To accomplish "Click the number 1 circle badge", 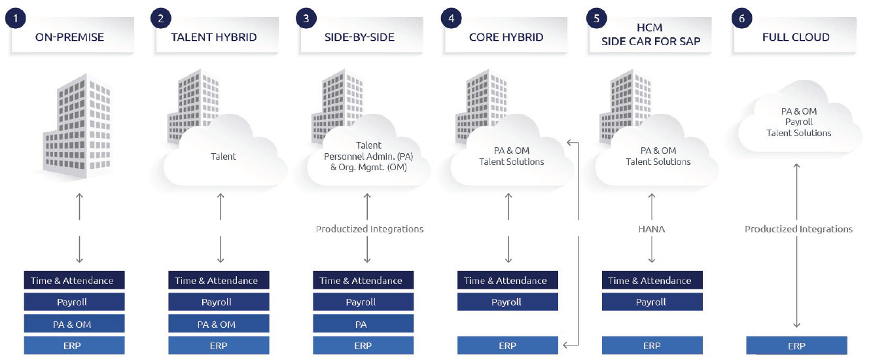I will [15, 18].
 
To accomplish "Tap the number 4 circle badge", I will [451, 18].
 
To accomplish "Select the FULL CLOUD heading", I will [796, 37].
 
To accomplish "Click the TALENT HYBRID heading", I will [214, 37].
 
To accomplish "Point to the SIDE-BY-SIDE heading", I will [359, 37].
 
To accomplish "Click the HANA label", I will [652, 229].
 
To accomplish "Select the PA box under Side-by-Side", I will [363, 324].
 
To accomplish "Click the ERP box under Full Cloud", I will [796, 346].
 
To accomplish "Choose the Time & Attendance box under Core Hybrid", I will [507, 281].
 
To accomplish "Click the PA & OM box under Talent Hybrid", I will [218, 324].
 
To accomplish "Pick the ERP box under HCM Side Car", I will [652, 346].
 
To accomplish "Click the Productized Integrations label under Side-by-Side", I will [369, 229].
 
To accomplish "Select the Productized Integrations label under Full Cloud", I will [798, 229].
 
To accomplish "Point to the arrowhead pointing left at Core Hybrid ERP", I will [565, 345].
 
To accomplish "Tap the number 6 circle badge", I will [741, 18].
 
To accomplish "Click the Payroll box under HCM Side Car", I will [652, 302].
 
